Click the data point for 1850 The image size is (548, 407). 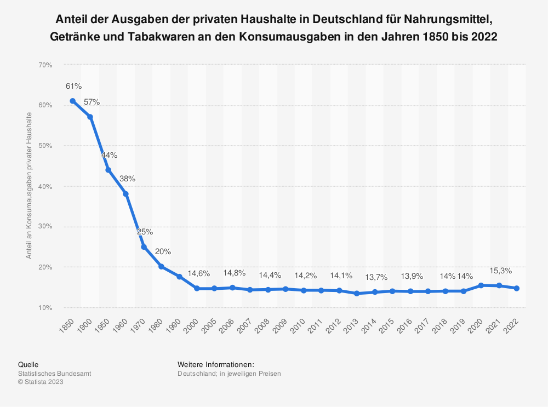(x=72, y=101)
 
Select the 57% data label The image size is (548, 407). (x=92, y=102)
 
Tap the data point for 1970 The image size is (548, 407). (x=144, y=247)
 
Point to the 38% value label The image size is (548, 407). (x=127, y=179)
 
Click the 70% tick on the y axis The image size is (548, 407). (x=45, y=65)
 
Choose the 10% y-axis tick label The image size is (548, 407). (x=45, y=308)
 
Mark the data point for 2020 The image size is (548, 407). (x=481, y=285)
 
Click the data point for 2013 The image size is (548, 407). (x=357, y=293)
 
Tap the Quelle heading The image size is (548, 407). (x=28, y=364)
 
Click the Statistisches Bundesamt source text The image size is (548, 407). (x=54, y=374)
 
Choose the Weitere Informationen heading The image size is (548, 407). (x=216, y=364)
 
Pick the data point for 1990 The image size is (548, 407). (x=179, y=277)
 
